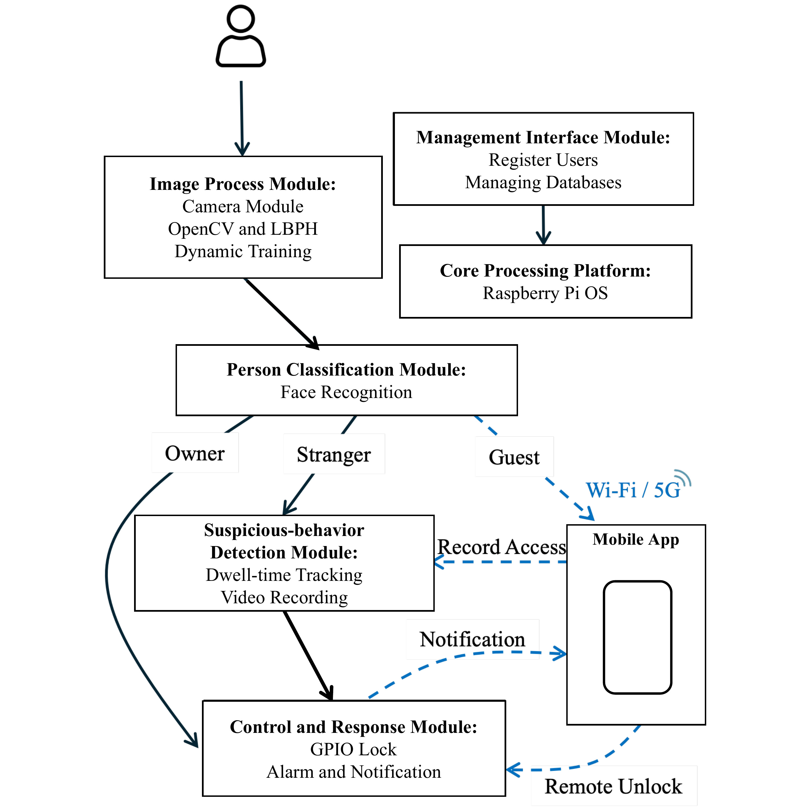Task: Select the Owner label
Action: [195, 453]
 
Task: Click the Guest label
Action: [514, 457]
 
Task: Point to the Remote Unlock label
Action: [613, 786]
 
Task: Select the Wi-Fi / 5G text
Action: [633, 490]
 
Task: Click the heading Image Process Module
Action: [243, 184]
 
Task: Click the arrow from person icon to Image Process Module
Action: [242, 119]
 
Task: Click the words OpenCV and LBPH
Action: [243, 229]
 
